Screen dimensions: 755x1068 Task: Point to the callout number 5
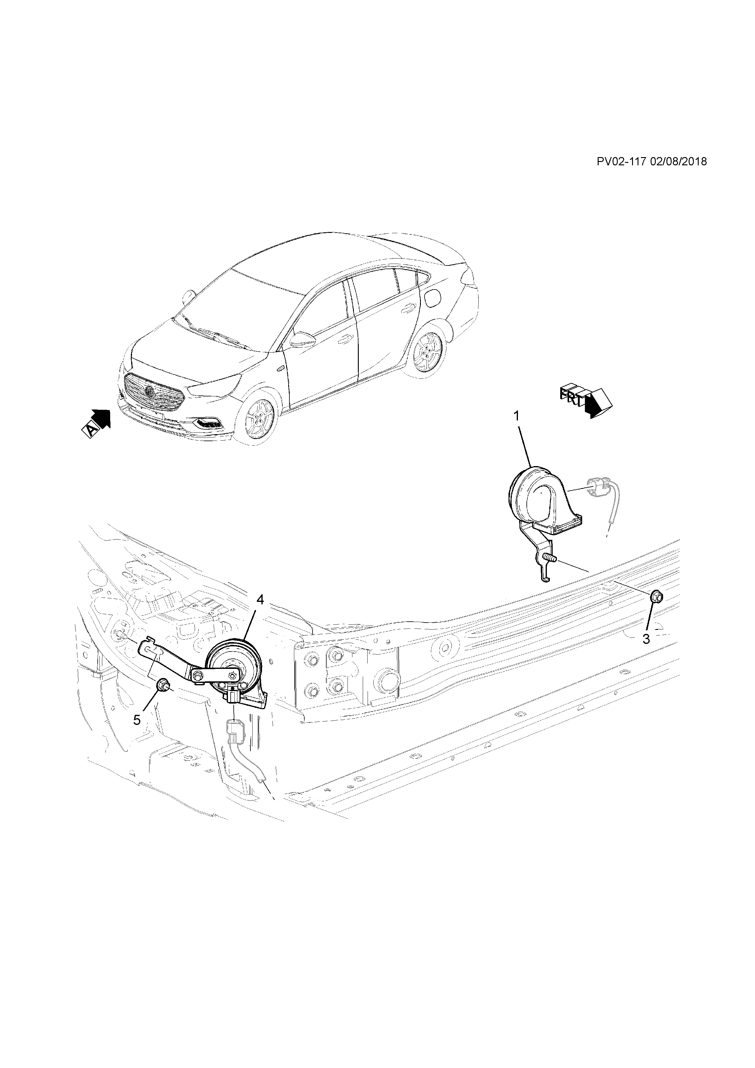(137, 720)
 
